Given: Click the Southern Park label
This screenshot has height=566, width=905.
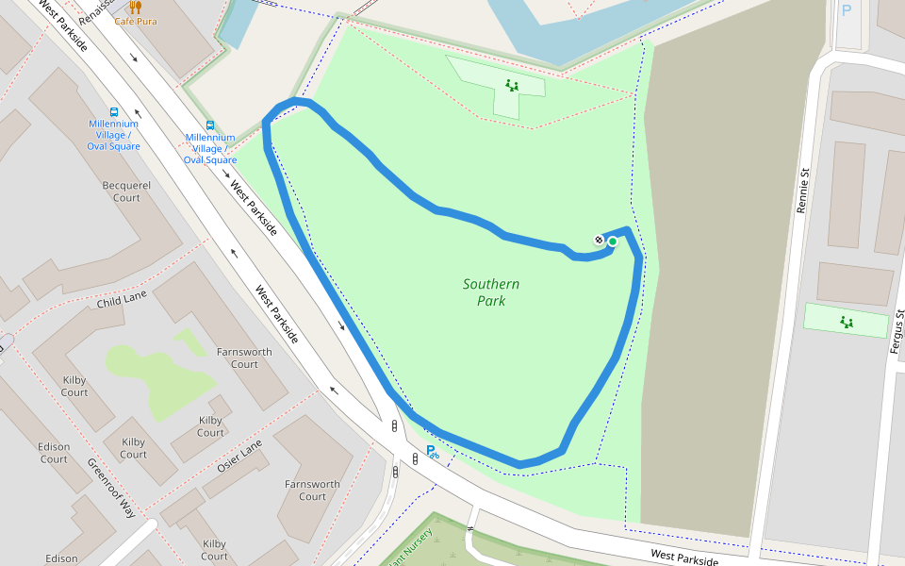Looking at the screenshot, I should [x=491, y=292].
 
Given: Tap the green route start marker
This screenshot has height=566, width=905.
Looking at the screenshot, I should [x=612, y=241].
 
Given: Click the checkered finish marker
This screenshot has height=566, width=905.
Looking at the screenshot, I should [x=599, y=241].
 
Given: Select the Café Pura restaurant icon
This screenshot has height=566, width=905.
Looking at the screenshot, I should [x=135, y=7].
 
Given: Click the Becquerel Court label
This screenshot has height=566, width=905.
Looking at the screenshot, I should [x=126, y=191].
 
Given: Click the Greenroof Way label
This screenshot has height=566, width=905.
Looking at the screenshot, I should [x=111, y=489].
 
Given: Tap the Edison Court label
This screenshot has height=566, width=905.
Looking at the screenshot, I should [x=54, y=453].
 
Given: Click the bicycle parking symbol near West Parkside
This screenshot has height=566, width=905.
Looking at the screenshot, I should [x=432, y=452].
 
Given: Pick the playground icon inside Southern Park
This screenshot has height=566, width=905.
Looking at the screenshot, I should [x=512, y=86].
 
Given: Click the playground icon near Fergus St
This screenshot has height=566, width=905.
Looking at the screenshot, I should [x=847, y=323].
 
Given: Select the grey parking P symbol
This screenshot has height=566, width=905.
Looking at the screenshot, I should [x=846, y=11].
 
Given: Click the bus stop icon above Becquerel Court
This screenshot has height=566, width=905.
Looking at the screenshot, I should [x=114, y=110].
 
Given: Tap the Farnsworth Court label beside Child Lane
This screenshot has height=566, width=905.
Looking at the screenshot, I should [x=244, y=358].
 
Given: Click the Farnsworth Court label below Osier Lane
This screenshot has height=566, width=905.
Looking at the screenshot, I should [x=312, y=491].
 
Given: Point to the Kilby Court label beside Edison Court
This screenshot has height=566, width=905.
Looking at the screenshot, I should [x=74, y=386].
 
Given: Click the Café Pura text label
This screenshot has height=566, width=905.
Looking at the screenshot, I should [x=136, y=21].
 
